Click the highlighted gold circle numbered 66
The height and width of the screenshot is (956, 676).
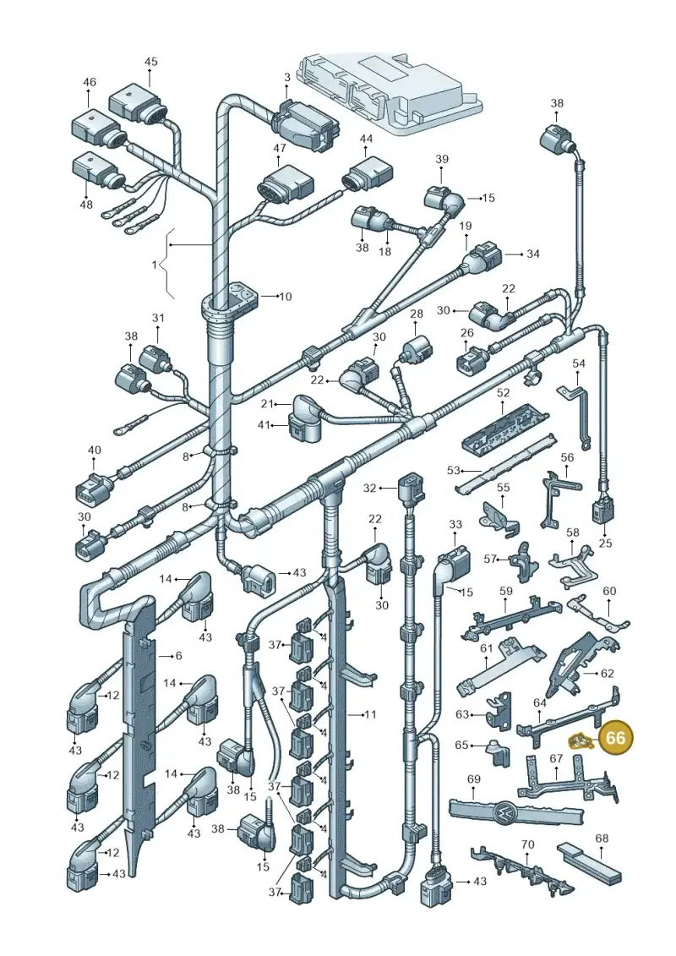tap(616, 738)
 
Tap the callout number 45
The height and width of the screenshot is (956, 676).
tap(150, 62)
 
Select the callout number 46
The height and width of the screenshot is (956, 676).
tap(90, 82)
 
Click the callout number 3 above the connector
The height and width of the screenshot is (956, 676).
tap(287, 78)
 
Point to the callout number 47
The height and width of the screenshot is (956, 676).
tap(279, 148)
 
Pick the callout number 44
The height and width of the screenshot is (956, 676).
tap(366, 139)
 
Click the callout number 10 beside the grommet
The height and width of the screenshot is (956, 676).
tap(285, 297)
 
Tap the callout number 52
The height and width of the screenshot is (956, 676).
tap(503, 393)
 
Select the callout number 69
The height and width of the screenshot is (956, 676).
tap(474, 779)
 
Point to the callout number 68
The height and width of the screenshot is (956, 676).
tap(602, 839)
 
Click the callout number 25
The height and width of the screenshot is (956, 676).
tap(605, 544)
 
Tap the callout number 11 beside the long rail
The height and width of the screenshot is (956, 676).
tap(370, 714)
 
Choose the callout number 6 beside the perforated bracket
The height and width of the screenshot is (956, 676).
tap(178, 656)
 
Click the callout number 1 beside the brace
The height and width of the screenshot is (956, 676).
tap(155, 265)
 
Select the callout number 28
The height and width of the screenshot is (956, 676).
tap(417, 314)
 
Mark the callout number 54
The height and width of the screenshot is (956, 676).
tap(579, 364)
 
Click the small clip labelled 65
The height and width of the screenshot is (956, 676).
tap(499, 754)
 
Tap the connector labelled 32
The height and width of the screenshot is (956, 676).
tap(409, 489)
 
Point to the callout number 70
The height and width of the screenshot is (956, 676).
tap(528, 844)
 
